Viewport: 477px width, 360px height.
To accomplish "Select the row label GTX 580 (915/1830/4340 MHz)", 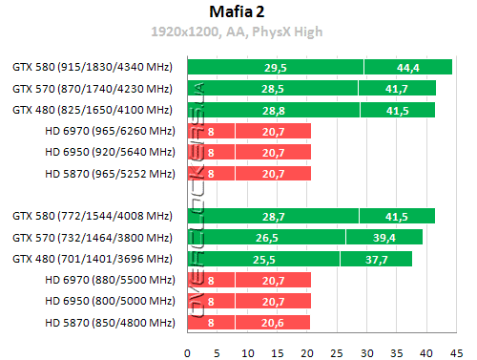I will click(x=92, y=67).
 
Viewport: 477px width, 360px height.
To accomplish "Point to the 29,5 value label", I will click(x=276, y=67).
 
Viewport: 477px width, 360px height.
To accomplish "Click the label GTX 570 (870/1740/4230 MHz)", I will click(x=92, y=88).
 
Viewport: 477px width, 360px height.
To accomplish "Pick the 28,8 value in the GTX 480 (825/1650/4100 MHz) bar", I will click(x=273, y=110).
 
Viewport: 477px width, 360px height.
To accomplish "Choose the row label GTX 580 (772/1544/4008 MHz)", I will click(x=92, y=216).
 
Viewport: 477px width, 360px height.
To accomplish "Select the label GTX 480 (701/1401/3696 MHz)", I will click(x=92, y=259).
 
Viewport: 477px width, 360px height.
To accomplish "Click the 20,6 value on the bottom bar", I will click(x=249, y=324).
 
